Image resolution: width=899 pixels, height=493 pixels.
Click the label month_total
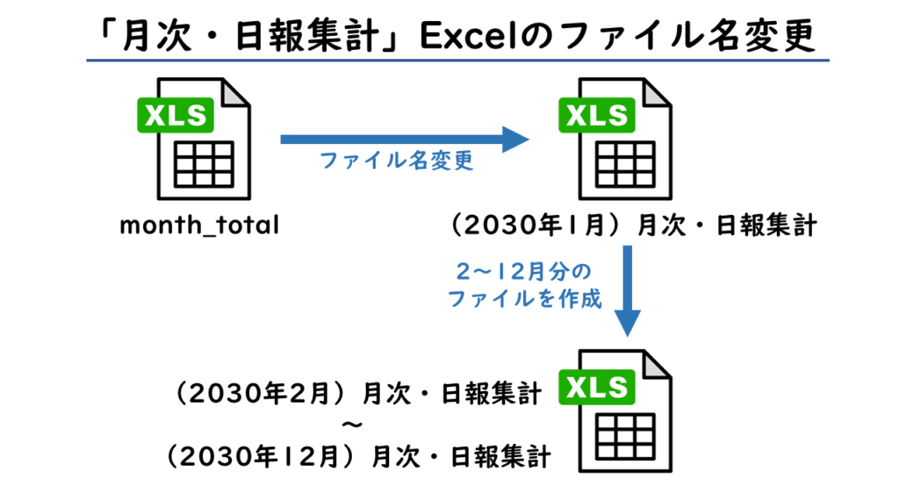[199, 225]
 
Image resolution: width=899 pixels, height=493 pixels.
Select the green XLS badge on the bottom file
[600, 388]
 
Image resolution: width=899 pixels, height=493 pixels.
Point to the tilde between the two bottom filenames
[351, 425]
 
